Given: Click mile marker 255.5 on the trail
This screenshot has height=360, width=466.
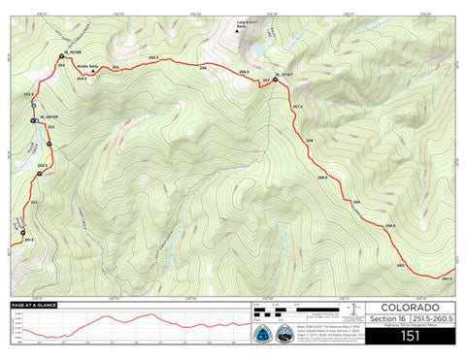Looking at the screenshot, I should (x=153, y=57).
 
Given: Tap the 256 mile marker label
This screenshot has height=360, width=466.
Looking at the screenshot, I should (x=204, y=68).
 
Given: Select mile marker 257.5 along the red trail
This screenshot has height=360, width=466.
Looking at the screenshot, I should (x=298, y=107).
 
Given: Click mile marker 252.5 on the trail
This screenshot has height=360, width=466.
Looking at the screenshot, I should (x=42, y=166).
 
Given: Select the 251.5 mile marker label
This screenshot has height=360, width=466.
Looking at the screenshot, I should (x=28, y=238).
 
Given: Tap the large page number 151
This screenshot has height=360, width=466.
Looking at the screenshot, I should (x=410, y=337).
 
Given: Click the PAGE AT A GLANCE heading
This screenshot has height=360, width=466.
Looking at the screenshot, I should (x=35, y=306).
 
